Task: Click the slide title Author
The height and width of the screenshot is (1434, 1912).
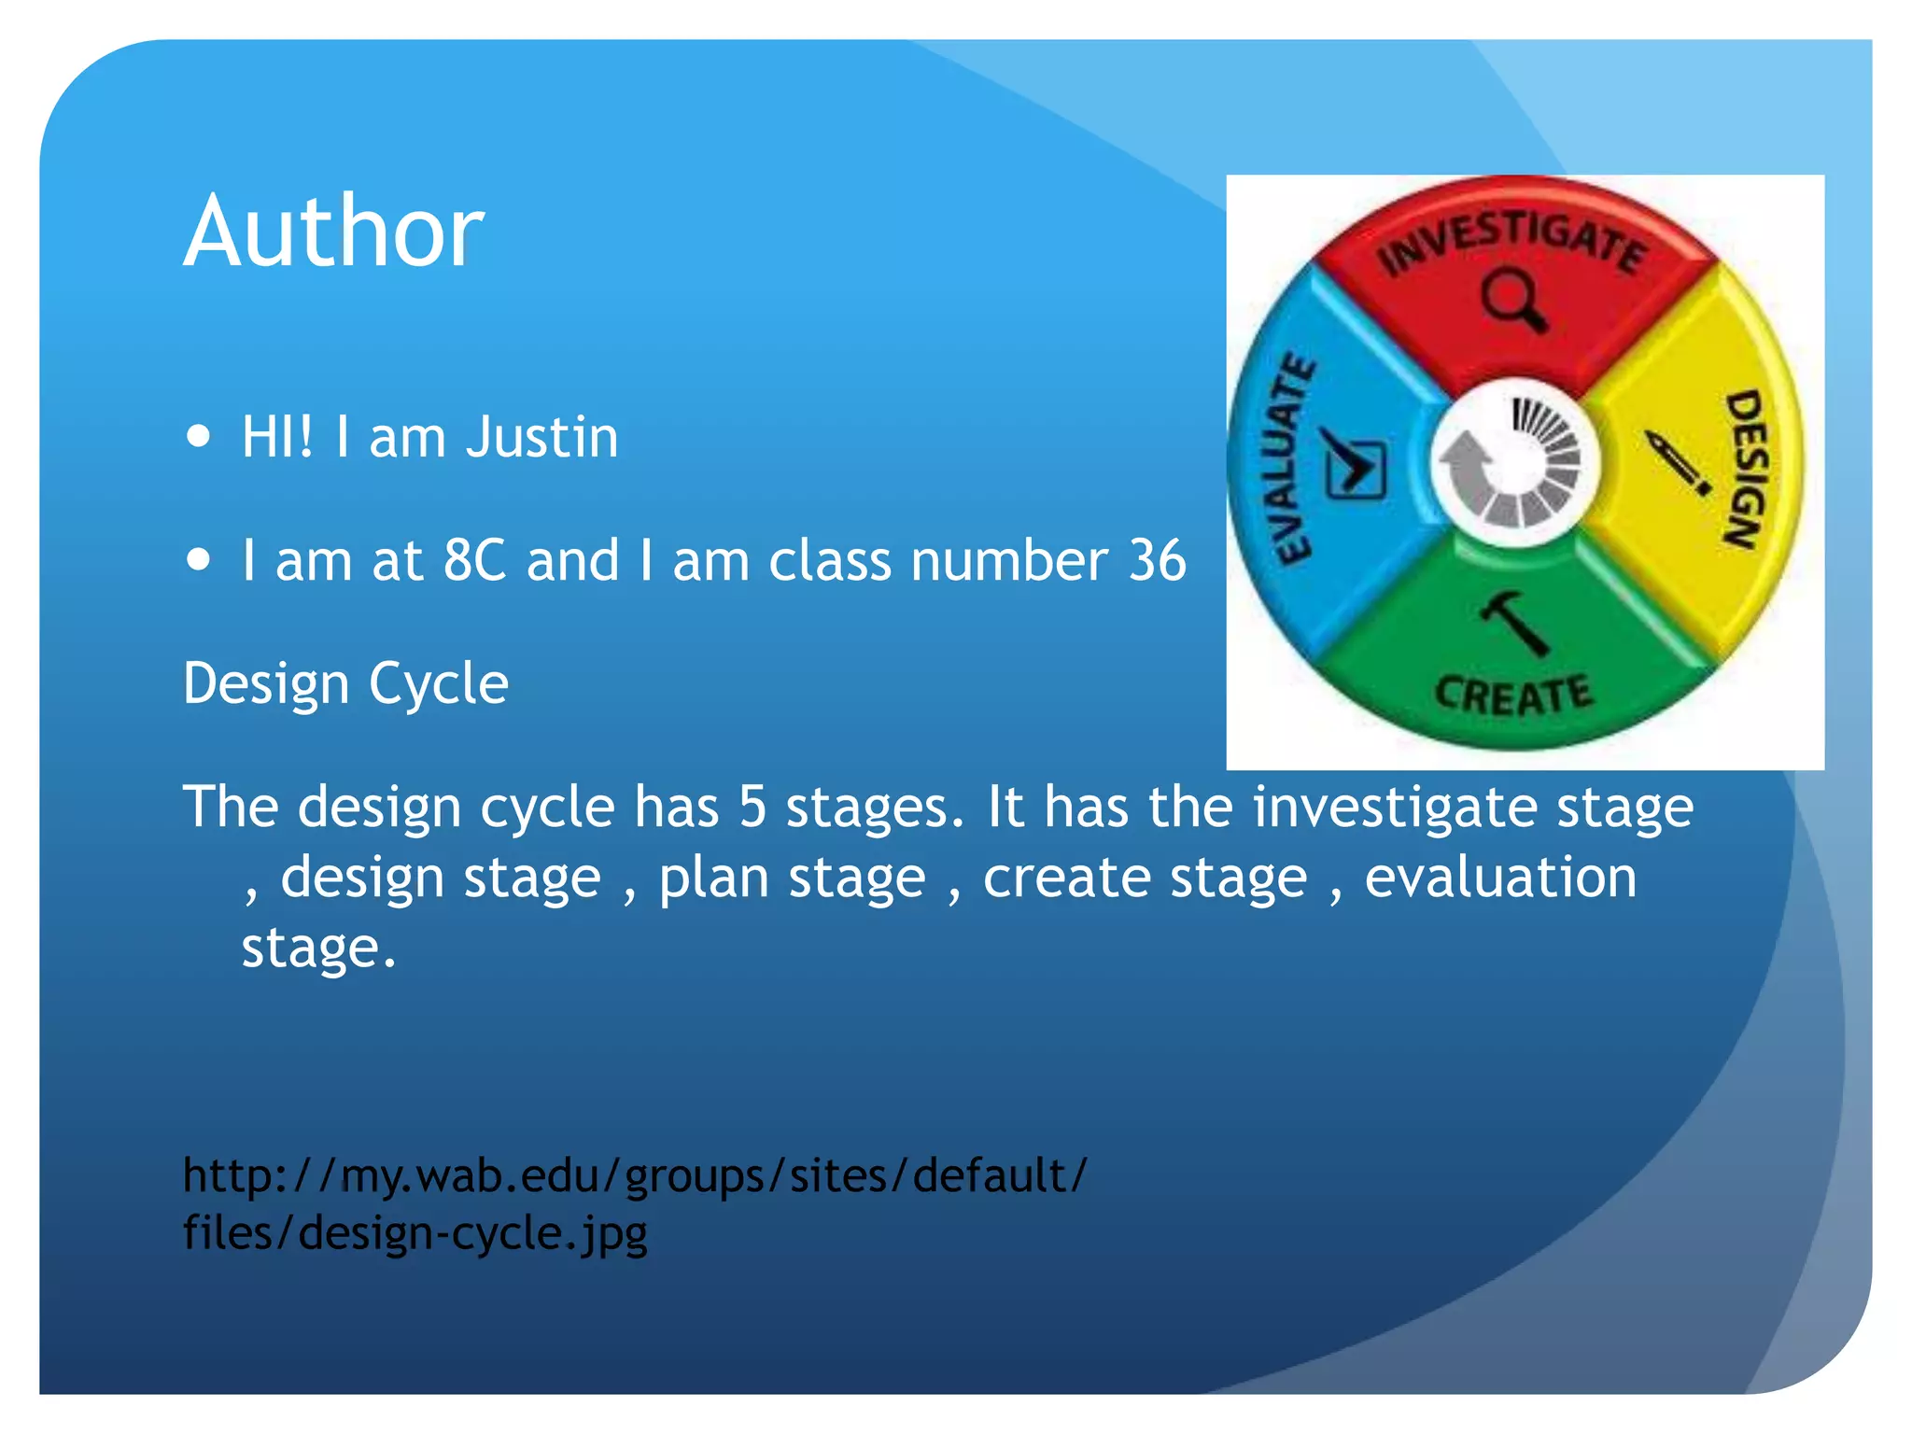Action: point(333,232)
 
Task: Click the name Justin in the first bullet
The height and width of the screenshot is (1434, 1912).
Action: point(541,437)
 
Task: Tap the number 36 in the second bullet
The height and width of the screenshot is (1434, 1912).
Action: point(1157,560)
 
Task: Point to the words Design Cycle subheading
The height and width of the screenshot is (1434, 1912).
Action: point(345,683)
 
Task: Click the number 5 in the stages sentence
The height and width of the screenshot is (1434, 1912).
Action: point(752,807)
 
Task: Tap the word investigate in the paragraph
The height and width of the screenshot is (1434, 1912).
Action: point(1393,807)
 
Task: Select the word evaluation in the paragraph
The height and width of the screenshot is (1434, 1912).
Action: point(1500,878)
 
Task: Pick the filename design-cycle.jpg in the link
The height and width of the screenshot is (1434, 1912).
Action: point(472,1233)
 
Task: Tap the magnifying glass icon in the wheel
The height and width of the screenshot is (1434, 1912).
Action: point(1512,300)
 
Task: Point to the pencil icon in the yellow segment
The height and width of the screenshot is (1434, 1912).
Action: point(1677,462)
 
